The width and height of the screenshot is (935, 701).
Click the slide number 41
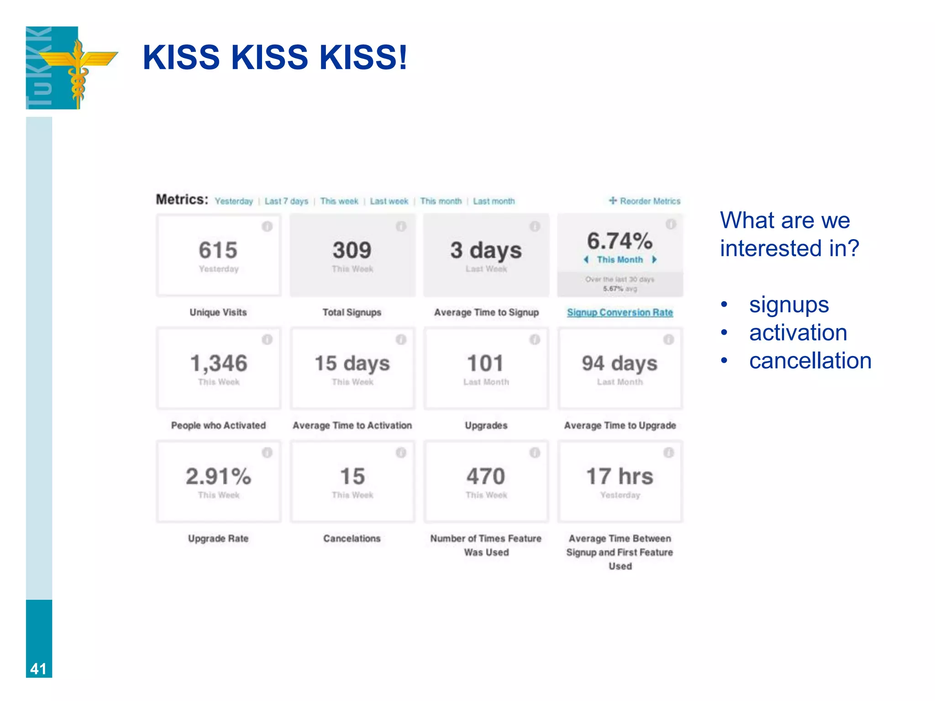[38, 669]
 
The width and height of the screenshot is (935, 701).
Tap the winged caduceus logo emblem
[79, 68]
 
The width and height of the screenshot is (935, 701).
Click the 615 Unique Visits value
[218, 250]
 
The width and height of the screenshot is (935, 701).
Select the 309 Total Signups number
[352, 250]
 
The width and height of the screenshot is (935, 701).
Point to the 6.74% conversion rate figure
[620, 241]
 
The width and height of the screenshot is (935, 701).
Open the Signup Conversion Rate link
[620, 313]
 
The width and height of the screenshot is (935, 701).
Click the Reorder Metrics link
[645, 201]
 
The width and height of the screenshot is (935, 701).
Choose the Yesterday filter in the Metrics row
[234, 201]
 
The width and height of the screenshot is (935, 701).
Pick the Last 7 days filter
[286, 201]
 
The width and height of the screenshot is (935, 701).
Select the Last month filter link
[494, 201]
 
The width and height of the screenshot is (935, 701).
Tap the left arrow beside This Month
[586, 260]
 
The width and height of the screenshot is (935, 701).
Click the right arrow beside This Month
[654, 260]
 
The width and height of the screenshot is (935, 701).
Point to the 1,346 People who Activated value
[218, 363]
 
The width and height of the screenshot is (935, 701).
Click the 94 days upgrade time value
[620, 363]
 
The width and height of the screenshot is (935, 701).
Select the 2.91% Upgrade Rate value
[218, 476]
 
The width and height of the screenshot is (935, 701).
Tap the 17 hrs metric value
[620, 476]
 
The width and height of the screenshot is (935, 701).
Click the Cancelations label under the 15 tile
[352, 539]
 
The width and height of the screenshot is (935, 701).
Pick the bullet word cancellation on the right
[810, 361]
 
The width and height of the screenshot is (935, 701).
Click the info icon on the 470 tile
[535, 453]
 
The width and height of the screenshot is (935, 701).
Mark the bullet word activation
[798, 332]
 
